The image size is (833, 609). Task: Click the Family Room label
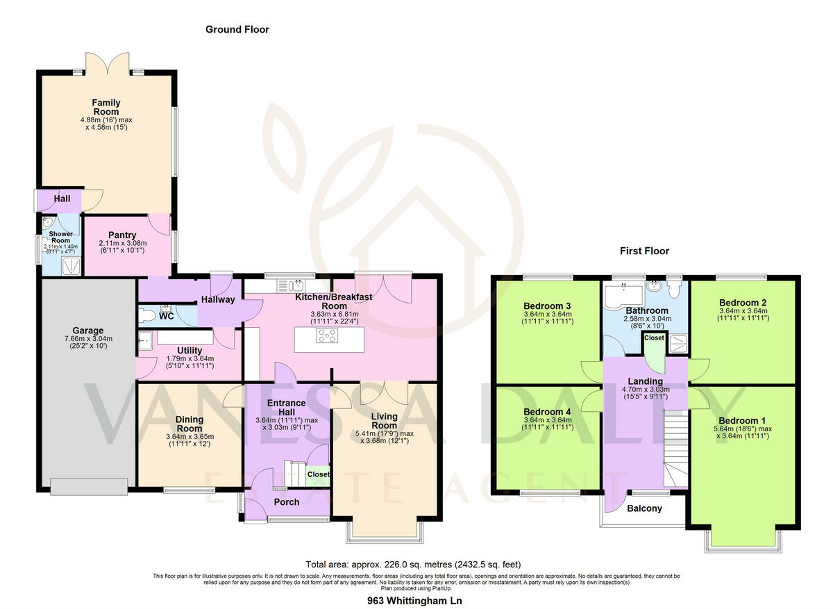click(x=106, y=108)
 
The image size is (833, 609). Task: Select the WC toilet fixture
click(x=146, y=316)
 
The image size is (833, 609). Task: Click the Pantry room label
click(x=122, y=235)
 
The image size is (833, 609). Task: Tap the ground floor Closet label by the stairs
click(x=319, y=474)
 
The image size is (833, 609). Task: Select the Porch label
click(x=286, y=502)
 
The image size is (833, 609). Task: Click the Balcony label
click(x=644, y=508)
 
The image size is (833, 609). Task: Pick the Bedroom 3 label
click(x=548, y=306)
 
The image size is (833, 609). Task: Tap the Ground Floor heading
click(x=237, y=30)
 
